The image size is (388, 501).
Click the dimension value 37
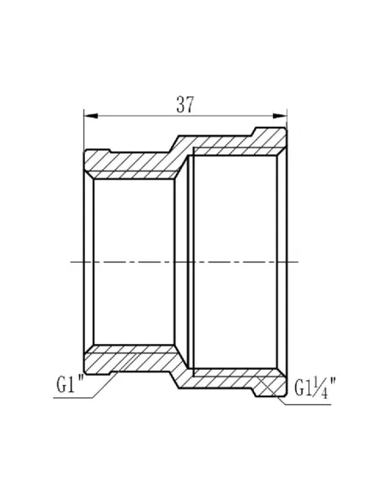point(184,105)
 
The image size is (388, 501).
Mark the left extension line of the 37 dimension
point(83,133)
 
